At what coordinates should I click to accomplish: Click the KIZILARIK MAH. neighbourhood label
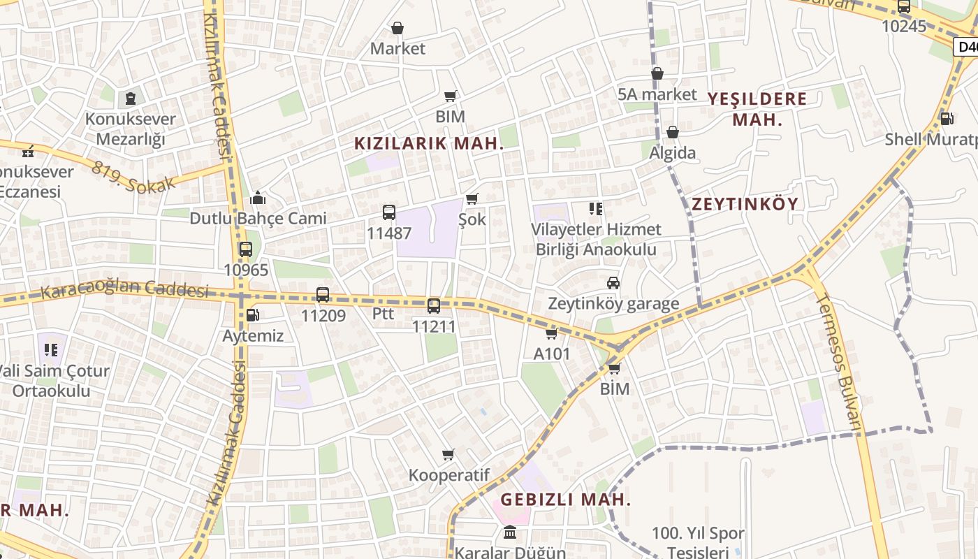pos(429,144)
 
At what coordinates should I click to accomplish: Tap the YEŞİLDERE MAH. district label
pos(757,109)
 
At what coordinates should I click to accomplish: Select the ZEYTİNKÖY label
pos(745,204)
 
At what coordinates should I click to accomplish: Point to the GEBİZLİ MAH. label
pos(566,500)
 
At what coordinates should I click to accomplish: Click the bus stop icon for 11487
pos(389,212)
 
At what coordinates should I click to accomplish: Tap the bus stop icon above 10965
pos(245,249)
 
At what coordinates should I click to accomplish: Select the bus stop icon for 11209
pos(323,295)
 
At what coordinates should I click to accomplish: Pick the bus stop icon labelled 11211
pos(434,305)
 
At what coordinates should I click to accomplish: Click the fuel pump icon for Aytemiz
pos(252,315)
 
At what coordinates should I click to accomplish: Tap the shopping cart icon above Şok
pos(472,199)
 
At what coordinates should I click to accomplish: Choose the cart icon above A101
pos(552,333)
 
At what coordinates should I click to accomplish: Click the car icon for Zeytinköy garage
pos(613,283)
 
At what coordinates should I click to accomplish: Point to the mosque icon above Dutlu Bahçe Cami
pos(258,198)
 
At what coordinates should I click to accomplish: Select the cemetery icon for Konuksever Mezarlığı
pos(130,99)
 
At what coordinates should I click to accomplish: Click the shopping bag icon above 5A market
pos(657,73)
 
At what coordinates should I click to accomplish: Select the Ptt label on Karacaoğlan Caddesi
pos(383,314)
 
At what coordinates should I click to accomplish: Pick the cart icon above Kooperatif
pos(448,455)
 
